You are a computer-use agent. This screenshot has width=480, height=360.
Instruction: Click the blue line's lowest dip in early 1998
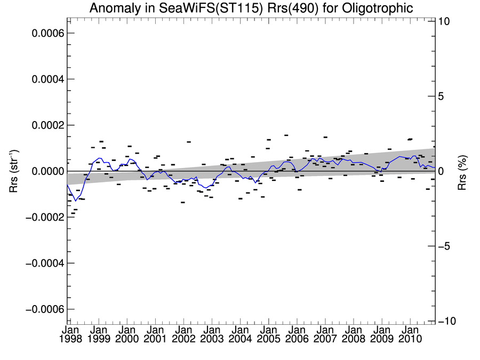point(76,201)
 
